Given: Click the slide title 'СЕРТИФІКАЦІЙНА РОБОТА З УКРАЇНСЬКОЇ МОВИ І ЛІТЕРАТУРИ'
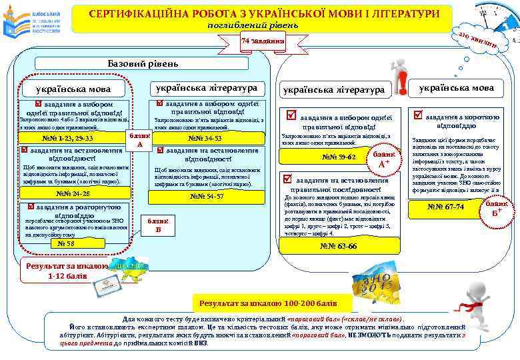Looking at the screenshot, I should click(x=263, y=14).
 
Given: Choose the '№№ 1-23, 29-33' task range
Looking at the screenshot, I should click(x=67, y=139).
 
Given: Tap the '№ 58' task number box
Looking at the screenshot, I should click(x=66, y=243).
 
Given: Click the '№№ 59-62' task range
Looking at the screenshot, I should click(x=339, y=157).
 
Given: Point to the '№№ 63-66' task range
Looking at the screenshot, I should click(x=339, y=246).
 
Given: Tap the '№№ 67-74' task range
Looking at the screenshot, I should click(x=447, y=207).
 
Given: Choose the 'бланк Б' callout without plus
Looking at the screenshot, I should click(x=158, y=225).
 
